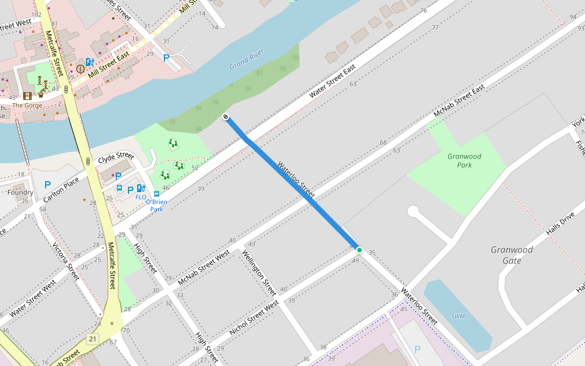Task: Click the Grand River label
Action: pos(247,59)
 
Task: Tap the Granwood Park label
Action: pos(464,160)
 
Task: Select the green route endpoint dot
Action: pos(360,250)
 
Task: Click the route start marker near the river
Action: pos(225,117)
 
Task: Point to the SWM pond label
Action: pos(458,316)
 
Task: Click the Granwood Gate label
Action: pos(512,255)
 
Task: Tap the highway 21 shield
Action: pos(92,339)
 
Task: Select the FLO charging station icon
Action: pos(141,188)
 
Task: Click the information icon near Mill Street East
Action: pos(80,69)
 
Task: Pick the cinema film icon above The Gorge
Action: pos(27,96)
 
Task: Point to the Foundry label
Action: pos(20,192)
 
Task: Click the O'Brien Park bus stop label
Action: pos(157,206)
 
